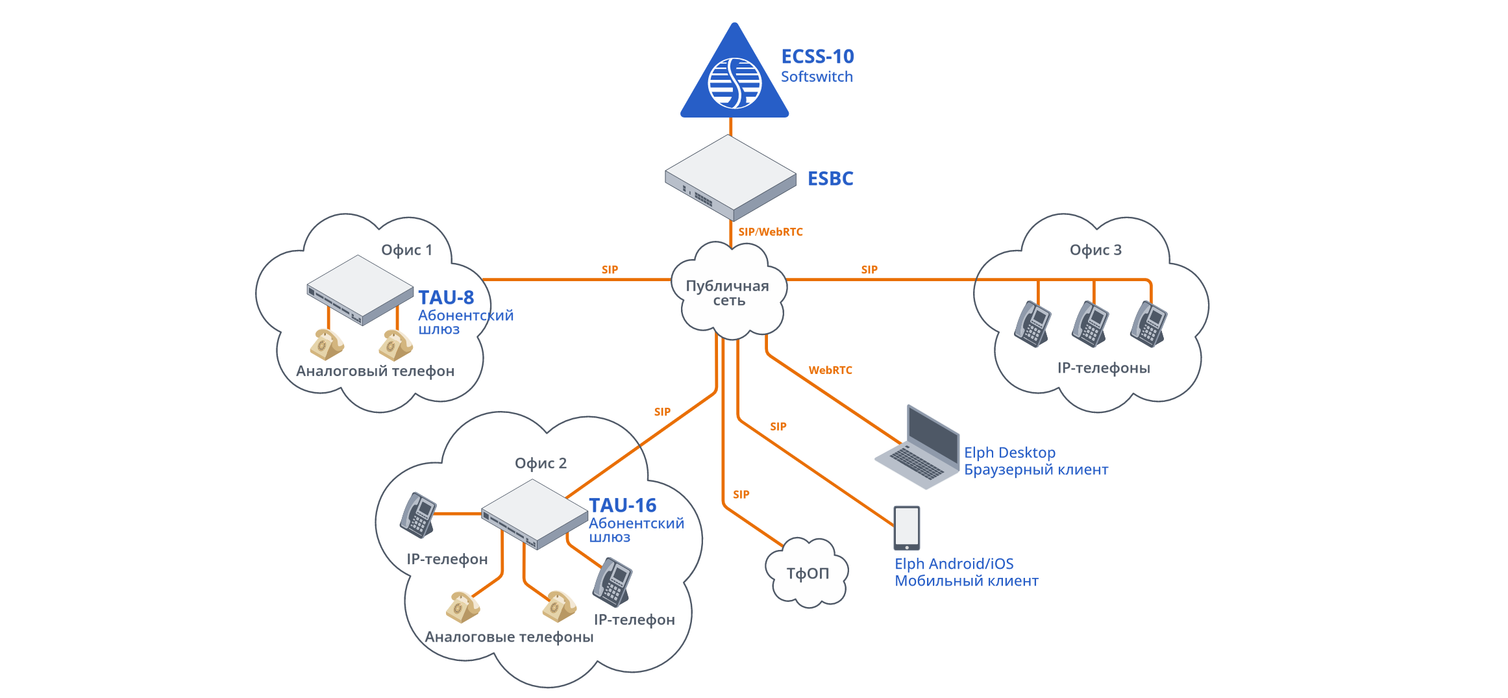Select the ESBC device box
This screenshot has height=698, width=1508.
click(730, 177)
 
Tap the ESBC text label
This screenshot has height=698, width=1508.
click(830, 179)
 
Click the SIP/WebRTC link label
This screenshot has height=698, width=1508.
click(770, 232)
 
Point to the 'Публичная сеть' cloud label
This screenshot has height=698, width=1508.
click(728, 293)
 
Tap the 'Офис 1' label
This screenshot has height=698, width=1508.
click(406, 250)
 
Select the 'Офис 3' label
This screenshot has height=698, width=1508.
click(1095, 250)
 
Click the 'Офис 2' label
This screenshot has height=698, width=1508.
click(540, 463)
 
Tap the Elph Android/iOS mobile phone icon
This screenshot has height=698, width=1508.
click(906, 528)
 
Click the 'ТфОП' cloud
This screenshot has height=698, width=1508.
click(807, 573)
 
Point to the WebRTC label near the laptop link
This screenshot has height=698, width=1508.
click(830, 370)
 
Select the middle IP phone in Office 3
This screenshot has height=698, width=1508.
click(1090, 323)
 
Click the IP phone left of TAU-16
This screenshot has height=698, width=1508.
click(417, 515)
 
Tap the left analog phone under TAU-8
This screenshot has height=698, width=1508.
click(326, 344)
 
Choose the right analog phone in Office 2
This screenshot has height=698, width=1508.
click(559, 606)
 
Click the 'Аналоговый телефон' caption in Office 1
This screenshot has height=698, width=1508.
click(375, 371)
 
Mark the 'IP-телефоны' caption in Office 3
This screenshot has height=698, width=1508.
click(1103, 368)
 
